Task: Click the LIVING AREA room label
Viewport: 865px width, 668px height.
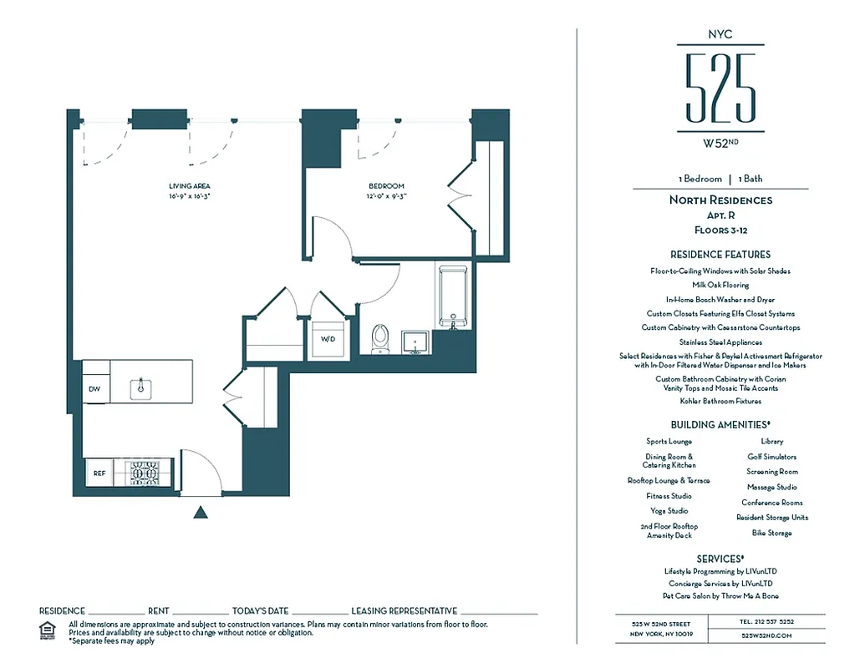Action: (x=189, y=185)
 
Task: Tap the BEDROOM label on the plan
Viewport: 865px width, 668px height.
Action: (x=386, y=186)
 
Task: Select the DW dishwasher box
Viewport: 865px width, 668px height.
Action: (x=95, y=388)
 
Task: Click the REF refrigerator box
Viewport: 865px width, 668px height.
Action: (x=99, y=473)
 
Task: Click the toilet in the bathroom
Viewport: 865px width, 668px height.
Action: (x=379, y=337)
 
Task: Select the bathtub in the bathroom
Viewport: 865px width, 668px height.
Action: (x=452, y=297)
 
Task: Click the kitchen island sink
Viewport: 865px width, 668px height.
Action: (x=141, y=387)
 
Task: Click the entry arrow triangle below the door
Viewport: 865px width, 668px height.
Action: (x=200, y=513)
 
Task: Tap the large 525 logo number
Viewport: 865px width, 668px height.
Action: (x=720, y=87)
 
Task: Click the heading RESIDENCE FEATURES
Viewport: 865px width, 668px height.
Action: (x=720, y=255)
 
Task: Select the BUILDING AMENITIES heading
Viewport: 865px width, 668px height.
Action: (x=720, y=425)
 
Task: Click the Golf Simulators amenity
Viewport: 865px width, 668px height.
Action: (x=771, y=457)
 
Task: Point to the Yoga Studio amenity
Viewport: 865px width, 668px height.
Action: (x=669, y=511)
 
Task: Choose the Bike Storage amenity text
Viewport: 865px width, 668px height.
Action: (x=771, y=533)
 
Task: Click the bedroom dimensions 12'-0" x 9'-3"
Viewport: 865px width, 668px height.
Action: (x=386, y=196)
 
